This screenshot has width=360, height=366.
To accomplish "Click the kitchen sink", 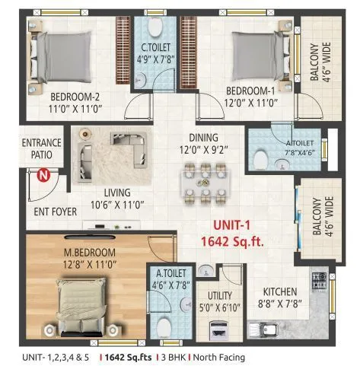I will tap(267, 329).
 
